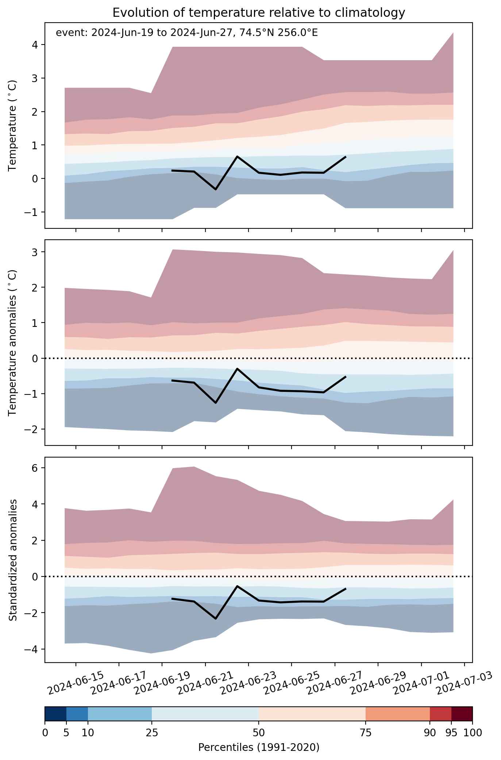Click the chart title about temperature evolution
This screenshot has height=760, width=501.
pyautogui.click(x=259, y=13)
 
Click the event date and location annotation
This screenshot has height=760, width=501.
pyautogui.click(x=187, y=33)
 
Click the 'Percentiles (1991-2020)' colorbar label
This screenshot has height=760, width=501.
pyautogui.click(x=259, y=748)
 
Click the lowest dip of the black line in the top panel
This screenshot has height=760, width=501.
pyautogui.click(x=216, y=189)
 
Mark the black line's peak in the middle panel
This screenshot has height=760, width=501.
pyautogui.click(x=237, y=369)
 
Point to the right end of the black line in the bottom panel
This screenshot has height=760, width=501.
pyautogui.click(x=346, y=589)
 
